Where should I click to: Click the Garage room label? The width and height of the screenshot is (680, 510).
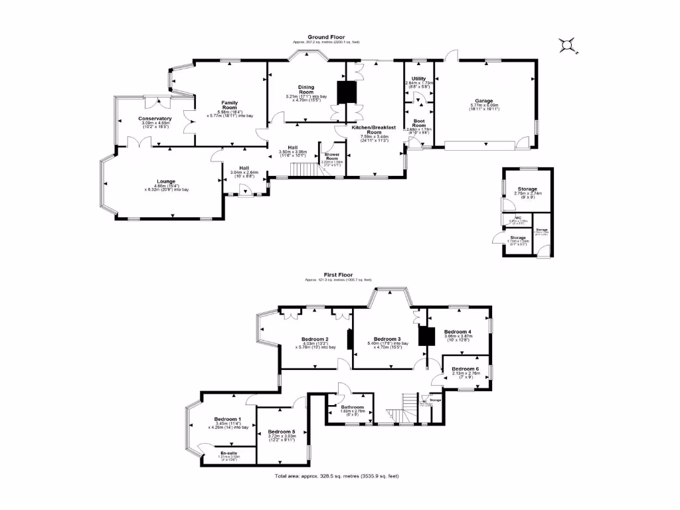488,101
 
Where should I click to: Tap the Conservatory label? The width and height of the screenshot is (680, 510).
155,119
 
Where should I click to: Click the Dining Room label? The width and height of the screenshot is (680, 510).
306,90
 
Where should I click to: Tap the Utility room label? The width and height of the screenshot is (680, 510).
418,78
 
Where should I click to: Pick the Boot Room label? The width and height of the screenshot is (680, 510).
418,123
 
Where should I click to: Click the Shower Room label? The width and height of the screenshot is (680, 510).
331,157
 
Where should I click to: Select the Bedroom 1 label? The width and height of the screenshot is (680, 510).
228,419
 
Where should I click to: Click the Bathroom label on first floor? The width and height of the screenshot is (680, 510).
353,406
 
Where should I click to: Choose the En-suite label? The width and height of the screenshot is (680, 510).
229,454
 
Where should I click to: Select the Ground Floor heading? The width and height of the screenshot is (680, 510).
324,37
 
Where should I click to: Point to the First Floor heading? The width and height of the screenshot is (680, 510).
339,274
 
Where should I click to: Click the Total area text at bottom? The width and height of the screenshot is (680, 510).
337,476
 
